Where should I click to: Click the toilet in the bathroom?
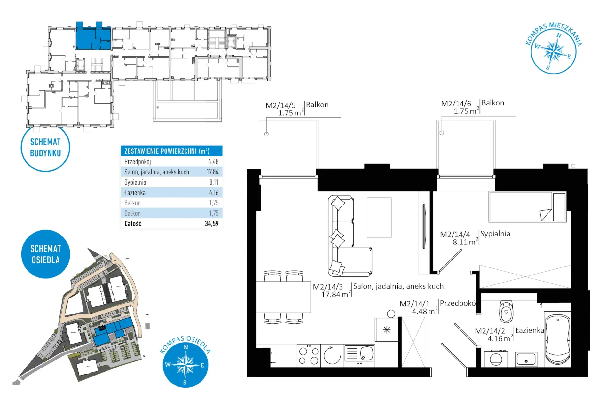point(506,311)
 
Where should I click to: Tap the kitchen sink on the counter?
point(359,354)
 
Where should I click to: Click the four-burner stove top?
point(309,355)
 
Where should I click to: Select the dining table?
point(283,297)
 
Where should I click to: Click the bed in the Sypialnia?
point(527,207)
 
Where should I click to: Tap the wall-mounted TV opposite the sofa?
point(424,226)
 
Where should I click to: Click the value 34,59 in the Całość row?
point(212,223)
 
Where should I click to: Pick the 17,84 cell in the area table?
point(212,172)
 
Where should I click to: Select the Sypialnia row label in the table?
point(135,182)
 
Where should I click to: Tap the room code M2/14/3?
point(328,287)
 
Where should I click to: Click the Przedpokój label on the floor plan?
point(458,303)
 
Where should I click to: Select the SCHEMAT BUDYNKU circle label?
point(45,147)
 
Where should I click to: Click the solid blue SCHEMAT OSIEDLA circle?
point(46,254)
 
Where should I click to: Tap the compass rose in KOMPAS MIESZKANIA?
point(554,51)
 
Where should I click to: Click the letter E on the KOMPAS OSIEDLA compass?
point(202,365)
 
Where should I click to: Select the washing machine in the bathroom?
point(496,359)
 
